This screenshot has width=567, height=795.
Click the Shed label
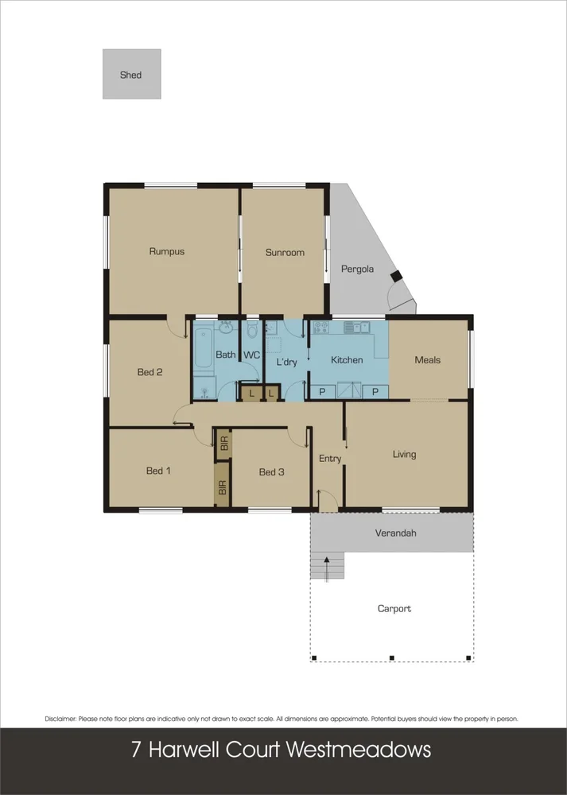coord(130,75)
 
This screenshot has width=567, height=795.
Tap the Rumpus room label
coord(166,251)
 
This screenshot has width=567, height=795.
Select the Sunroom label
coord(285,252)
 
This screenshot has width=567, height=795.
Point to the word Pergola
coord(357,269)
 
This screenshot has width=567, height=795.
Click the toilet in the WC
coord(252,329)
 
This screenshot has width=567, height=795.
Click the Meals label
coord(427,359)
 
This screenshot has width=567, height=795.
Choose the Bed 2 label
coord(150,371)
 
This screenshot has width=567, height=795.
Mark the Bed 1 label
coord(158,471)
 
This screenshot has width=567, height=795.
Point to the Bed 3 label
coord(271,472)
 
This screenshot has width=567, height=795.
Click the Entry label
coord(330,458)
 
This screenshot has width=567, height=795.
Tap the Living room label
coord(404,454)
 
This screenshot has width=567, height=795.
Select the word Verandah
coord(395,533)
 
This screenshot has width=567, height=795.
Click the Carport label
coord(394,608)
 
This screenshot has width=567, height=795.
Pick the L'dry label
coord(286,362)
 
